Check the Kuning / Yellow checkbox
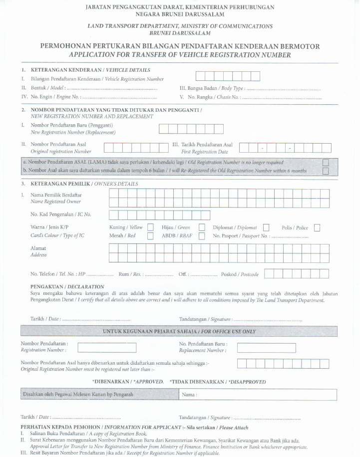[x=150, y=228]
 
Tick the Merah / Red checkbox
[x=150, y=236]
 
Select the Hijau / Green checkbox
[x=202, y=228]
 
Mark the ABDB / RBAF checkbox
[x=202, y=236]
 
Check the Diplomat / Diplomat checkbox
[x=266, y=228]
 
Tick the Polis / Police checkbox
[x=317, y=228]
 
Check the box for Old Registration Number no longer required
[x=326, y=163]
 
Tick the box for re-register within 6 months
[x=326, y=171]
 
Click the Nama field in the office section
[x=258, y=395]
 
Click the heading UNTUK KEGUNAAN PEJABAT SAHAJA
[x=179, y=331]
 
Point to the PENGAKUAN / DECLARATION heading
[x=67, y=287]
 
